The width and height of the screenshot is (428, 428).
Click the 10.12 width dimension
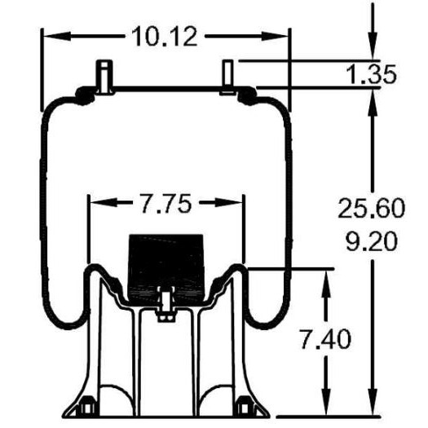pyautogui.click(x=165, y=37)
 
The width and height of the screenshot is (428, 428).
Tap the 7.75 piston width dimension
pyautogui.click(x=165, y=203)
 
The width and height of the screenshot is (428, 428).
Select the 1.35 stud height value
pyautogui.click(x=371, y=74)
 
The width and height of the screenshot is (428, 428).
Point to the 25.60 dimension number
pyautogui.click(x=371, y=208)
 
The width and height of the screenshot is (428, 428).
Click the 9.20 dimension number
pyautogui.click(x=371, y=241)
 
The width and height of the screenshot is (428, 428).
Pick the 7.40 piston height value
pyautogui.click(x=325, y=339)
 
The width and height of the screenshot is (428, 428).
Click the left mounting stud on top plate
pyautogui.click(x=104, y=77)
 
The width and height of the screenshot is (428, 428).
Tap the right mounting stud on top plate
pyautogui.click(x=227, y=77)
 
